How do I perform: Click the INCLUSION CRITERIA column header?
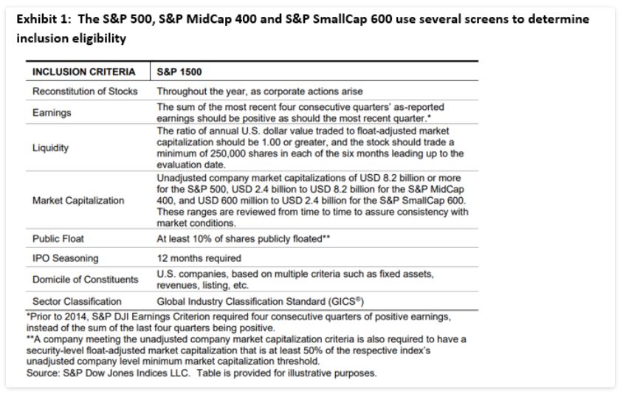click(83, 72)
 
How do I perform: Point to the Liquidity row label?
click(51, 148)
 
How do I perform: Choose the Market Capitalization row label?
click(78, 200)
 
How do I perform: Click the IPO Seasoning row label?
click(65, 258)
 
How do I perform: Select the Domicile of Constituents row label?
click(85, 280)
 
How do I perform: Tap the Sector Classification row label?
click(77, 301)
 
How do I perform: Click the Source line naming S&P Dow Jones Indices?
click(201, 373)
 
